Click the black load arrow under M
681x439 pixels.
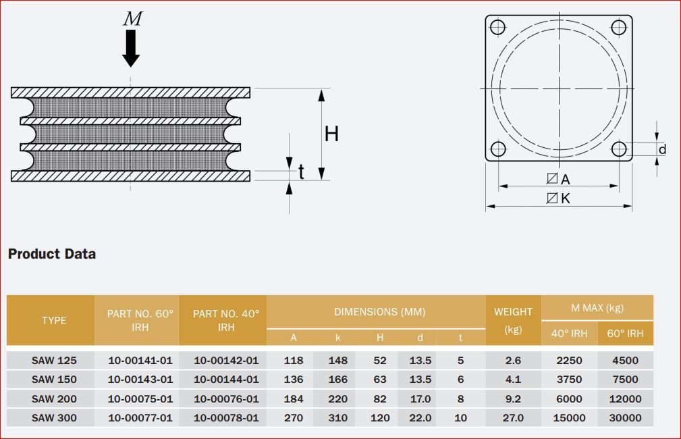click(x=131, y=48)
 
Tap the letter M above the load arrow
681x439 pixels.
click(x=133, y=19)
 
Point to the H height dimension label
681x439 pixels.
click(x=331, y=134)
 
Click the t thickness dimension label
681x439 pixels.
click(x=301, y=172)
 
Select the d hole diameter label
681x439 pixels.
click(x=662, y=149)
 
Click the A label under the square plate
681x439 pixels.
click(x=565, y=179)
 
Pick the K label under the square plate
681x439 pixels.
click(x=565, y=198)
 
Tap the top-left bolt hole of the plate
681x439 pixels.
click(x=497, y=27)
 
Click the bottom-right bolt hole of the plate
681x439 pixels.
click(x=619, y=149)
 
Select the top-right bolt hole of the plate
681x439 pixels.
click(x=619, y=27)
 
